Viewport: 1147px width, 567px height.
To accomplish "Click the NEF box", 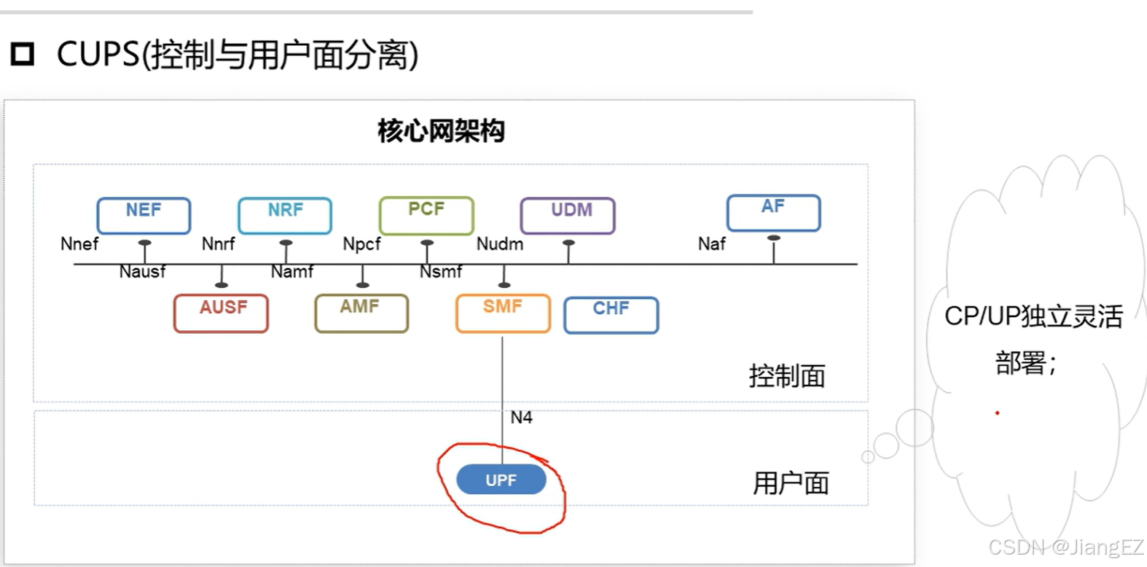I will coord(144,215).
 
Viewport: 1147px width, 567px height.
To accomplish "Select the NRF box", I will coord(285,215).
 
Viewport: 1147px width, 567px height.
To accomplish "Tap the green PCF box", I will coord(426,215).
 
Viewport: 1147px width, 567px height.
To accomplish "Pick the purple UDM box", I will coord(568,215).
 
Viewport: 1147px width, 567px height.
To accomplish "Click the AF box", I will coord(773,212).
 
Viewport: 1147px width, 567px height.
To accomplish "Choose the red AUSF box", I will coord(221,313).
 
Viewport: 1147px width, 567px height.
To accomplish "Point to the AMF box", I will coord(361,313).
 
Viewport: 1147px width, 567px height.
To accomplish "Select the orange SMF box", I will coord(503,313).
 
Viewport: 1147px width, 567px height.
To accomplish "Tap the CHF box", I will coord(611,315).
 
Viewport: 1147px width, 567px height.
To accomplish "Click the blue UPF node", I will coord(501,480).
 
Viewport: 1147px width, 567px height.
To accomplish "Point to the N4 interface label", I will coord(521,418).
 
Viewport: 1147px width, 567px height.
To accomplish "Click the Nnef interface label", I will coord(79,243).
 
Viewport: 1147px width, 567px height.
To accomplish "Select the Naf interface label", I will coord(711,243).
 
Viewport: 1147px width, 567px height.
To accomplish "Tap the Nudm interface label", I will coord(500,243).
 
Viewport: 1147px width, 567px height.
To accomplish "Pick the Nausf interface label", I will coord(142,272).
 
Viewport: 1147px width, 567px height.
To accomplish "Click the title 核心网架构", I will coord(441,131).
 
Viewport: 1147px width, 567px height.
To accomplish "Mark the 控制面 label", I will coord(787,376).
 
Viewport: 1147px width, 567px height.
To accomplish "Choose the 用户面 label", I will coord(791,482).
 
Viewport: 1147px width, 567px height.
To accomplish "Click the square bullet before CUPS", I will coord(23,54).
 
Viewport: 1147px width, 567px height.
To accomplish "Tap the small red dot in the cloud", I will coord(997,413).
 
